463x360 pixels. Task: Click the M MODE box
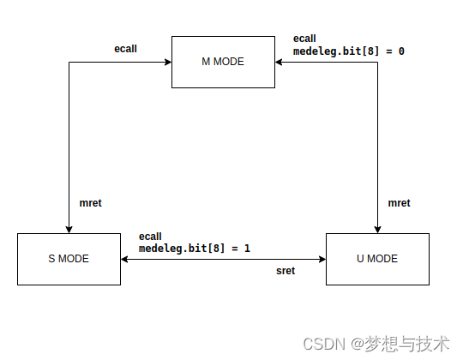point(223,62)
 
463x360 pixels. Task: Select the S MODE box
point(69,259)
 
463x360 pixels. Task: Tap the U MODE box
point(377,259)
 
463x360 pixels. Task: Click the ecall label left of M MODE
point(126,49)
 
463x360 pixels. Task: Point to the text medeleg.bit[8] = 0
point(348,51)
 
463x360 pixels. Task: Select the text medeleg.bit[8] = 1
point(195,249)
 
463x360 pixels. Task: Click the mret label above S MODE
point(91,203)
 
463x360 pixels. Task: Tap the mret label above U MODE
point(399,203)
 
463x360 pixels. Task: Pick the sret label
point(286,271)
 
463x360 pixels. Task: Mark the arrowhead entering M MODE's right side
point(280,62)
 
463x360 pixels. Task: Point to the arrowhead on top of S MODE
point(69,228)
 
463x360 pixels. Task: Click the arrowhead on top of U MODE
point(377,228)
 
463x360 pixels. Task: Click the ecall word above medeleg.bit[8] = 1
point(150,237)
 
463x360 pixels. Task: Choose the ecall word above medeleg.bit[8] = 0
point(304,39)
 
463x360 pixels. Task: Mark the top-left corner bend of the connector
point(69,62)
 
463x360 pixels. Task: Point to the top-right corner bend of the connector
point(377,62)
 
